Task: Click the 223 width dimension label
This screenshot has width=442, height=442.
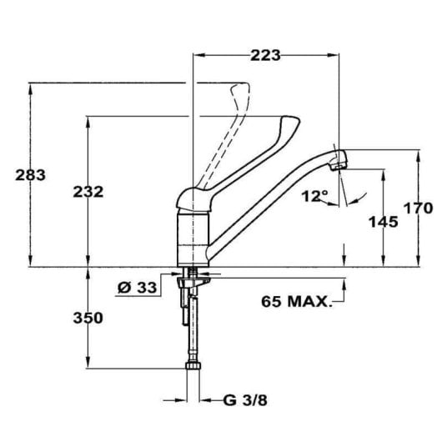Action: point(264,55)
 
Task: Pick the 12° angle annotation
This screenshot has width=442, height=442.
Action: point(314,197)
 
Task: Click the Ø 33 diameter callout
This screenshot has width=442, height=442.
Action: point(137,288)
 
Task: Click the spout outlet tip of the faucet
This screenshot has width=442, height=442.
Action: point(338,162)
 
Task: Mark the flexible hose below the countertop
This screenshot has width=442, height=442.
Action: point(193,329)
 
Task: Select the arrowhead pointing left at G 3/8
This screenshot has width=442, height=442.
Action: point(203,399)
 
